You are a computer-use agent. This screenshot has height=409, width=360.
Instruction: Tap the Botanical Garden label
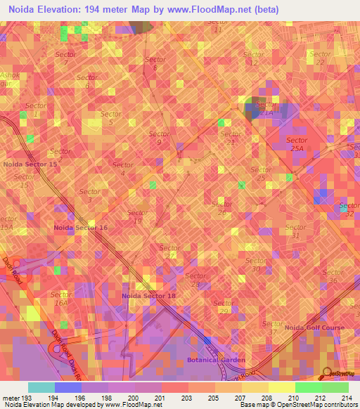pos(216,360)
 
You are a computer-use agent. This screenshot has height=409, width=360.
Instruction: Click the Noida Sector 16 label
pos(81,228)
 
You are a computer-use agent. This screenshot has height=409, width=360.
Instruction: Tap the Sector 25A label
pos(297,144)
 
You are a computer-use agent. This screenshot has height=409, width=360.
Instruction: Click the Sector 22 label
pos(320,58)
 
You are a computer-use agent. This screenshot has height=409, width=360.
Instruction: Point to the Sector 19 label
pos(137,217)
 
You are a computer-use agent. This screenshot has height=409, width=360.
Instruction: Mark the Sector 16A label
pos(60,298)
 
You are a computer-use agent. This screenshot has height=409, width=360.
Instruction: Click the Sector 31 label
pos(296,231)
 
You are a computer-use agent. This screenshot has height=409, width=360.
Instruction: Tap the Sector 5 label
pos(111,118)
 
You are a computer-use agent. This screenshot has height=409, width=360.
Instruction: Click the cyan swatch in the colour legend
pos(41,387)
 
